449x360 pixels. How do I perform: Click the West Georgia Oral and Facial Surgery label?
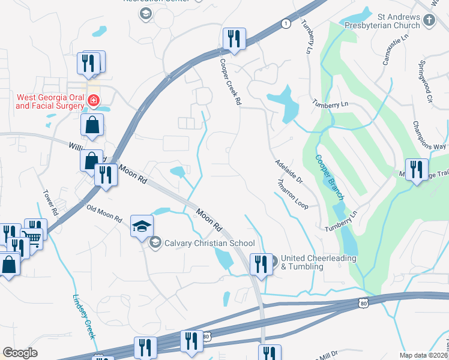click(49, 101)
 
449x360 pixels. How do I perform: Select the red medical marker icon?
click(93, 101)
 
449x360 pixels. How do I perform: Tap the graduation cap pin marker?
click(142, 226)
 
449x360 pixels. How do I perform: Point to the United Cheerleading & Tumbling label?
click(318, 262)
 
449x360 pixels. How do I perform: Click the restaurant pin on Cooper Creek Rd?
click(232, 39)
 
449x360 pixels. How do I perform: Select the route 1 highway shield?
click(286, 23)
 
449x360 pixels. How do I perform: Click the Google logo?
click(20, 353)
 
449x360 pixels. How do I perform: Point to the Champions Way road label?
click(429, 136)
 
